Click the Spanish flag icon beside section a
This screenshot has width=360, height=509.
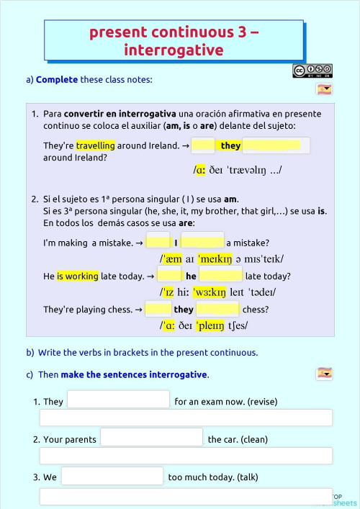[324, 89]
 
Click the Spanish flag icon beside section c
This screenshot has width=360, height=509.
[324, 373]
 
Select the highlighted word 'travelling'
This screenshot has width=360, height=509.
[96, 145]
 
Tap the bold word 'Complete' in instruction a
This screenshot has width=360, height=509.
[57, 79]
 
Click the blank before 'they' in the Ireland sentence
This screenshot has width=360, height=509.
[204, 145]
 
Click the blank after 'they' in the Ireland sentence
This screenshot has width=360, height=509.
[276, 145]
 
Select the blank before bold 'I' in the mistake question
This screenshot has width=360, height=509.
[158, 243]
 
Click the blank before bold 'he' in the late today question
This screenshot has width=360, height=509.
[169, 276]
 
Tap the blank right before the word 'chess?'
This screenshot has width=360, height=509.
[217, 310]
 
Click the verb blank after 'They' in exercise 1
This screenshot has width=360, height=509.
[118, 400]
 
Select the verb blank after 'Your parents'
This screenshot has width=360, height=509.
[151, 438]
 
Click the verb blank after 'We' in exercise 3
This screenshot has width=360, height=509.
[112, 476]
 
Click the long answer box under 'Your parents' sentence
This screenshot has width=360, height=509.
[186, 456]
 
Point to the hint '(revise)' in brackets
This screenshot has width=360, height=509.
[261, 402]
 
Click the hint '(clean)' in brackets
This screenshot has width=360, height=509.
[254, 439]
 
